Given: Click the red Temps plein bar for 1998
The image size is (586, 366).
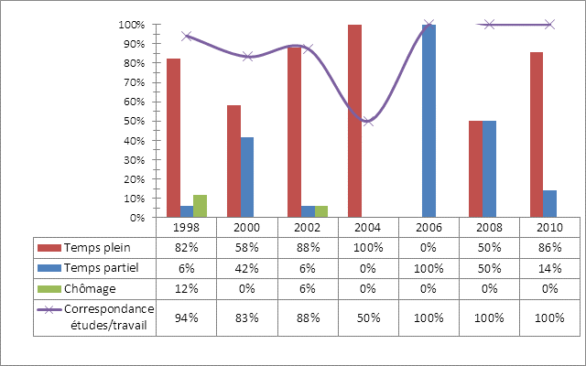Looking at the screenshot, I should click(x=173, y=138).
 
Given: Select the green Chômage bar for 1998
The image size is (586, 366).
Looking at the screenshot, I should click(x=200, y=207).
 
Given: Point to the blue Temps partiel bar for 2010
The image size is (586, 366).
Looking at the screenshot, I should click(x=549, y=204).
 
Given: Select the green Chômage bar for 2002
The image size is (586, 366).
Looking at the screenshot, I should click(x=320, y=212).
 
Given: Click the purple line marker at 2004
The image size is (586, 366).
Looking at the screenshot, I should click(x=368, y=121).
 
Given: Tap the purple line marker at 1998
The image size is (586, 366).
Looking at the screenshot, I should click(x=187, y=37).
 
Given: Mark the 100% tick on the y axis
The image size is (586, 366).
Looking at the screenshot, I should click(x=135, y=25).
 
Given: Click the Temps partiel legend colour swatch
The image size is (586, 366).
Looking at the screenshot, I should click(x=49, y=268).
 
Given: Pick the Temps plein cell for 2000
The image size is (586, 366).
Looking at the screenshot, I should click(x=247, y=248).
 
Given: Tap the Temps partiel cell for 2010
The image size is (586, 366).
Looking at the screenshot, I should click(x=549, y=268).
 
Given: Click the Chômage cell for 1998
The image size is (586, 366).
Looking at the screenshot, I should click(x=187, y=288).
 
